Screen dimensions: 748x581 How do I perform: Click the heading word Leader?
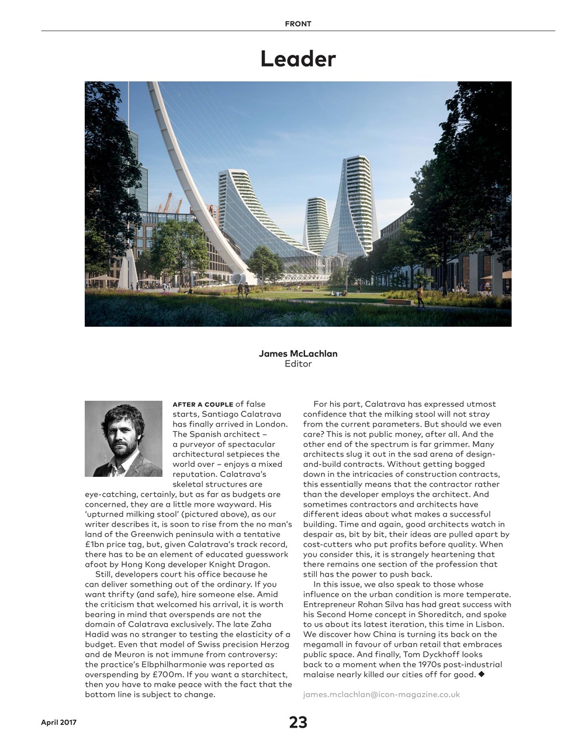pos(298,59)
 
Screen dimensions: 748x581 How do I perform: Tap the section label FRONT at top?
pos(298,24)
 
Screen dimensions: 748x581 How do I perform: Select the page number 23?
pos(298,722)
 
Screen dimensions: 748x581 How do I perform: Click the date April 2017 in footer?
pos(58,722)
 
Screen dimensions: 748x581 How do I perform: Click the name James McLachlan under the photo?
pos(298,354)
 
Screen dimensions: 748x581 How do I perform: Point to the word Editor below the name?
pos(298,364)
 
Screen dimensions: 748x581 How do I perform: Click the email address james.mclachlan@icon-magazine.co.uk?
pos(381,694)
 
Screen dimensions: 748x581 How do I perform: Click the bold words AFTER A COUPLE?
pos(202,404)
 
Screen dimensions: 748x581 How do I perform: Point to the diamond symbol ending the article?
pos(482,674)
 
